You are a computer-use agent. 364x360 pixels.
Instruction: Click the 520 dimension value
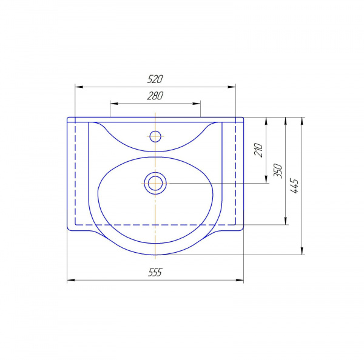155,79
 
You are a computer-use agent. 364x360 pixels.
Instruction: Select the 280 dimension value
155,96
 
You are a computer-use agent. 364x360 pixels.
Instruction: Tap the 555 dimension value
155,272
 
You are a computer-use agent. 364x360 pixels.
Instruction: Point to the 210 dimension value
258,150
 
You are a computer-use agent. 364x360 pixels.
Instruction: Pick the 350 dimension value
278,171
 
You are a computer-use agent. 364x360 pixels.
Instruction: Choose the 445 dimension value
294,186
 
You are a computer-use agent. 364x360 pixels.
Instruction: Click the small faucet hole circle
155,136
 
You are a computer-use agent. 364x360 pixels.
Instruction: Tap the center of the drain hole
155,183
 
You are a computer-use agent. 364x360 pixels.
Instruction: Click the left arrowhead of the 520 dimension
79,87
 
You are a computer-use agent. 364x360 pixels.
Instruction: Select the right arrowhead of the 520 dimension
232,87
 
